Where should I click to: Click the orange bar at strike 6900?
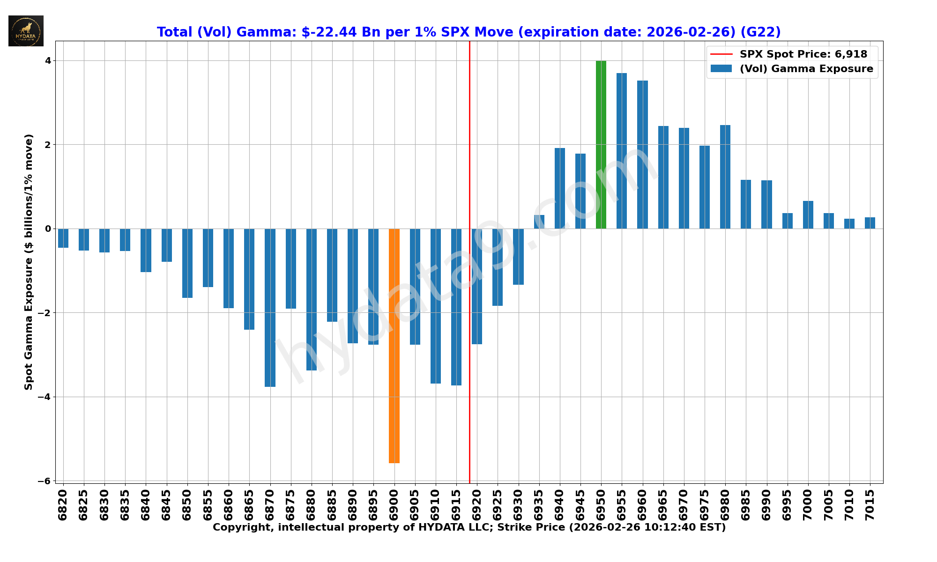point(394,346)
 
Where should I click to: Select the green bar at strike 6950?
point(601,145)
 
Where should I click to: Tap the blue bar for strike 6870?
point(270,308)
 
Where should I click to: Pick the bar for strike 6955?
point(622,151)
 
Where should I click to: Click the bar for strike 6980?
point(725,177)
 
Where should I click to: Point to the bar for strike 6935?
point(539,222)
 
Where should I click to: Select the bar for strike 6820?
point(63,238)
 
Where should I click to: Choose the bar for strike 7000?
point(808,214)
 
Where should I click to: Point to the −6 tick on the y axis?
point(46,481)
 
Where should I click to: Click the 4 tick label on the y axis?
point(48,60)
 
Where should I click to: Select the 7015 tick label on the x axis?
point(870,504)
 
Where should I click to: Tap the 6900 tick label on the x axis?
point(394,504)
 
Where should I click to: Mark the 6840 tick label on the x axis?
point(146,504)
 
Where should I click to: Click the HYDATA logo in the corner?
point(26,31)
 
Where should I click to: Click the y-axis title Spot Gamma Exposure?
point(29,262)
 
